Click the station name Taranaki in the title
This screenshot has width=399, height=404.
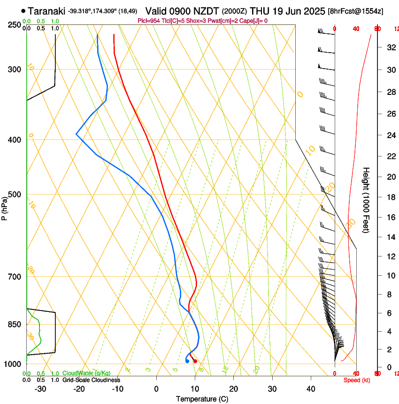(46, 11)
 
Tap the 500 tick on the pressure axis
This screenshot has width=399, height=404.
(14, 194)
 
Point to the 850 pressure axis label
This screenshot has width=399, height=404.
(14, 324)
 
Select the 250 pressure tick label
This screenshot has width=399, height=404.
(14, 24)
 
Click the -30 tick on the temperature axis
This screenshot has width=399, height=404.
(41, 389)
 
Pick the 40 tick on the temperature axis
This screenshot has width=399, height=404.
(311, 389)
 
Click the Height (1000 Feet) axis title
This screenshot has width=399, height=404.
(367, 200)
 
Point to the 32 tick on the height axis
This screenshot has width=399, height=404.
(391, 47)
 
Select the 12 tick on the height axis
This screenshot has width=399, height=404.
(391, 256)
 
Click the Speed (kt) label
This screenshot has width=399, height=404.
(357, 380)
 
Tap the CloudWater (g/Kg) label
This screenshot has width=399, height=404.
(86, 373)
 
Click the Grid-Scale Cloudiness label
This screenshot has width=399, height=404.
(91, 380)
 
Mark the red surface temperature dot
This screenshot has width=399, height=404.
(195, 361)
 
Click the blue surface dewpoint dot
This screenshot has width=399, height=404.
(187, 361)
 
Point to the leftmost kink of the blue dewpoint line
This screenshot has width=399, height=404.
(77, 134)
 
